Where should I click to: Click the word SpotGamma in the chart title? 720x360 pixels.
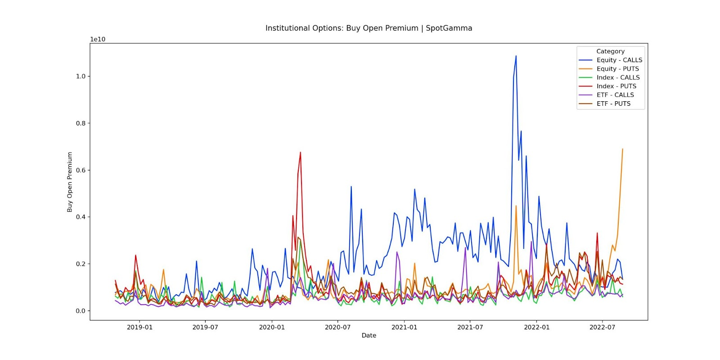(449, 28)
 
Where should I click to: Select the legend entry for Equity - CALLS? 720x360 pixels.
(619, 60)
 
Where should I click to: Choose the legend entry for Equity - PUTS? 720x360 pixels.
(617, 69)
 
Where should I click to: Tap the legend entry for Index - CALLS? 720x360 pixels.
(618, 77)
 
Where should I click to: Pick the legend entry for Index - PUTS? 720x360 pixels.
(616, 86)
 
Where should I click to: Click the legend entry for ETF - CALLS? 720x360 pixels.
(615, 95)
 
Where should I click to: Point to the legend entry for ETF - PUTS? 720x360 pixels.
(613, 103)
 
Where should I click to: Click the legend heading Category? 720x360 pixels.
(610, 51)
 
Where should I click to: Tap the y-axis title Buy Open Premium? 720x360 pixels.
(70, 182)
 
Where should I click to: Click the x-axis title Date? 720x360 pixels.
(369, 335)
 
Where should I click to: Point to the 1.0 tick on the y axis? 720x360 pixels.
(81, 76)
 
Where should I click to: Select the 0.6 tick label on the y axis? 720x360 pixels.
(81, 170)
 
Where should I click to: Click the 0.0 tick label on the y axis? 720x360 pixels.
(81, 311)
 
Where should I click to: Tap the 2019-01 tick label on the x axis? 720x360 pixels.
(139, 327)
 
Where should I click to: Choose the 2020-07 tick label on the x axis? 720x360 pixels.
(337, 327)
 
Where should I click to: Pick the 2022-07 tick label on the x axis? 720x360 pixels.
(602, 327)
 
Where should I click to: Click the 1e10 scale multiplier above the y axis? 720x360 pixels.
(98, 40)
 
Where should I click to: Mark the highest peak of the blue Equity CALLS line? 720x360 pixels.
(516, 56)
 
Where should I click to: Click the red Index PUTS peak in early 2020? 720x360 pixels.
(300, 152)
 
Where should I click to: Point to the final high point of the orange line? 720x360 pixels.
(623, 149)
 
